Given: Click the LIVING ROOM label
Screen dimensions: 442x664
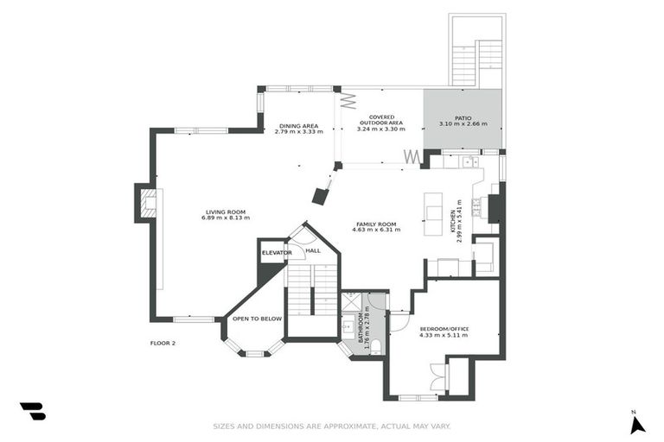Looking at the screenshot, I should click(225, 212).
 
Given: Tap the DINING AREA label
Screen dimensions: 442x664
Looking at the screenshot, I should click(298, 126).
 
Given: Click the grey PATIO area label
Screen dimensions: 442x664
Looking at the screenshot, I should click(463, 118).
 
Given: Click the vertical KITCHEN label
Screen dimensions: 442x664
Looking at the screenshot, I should click(456, 224).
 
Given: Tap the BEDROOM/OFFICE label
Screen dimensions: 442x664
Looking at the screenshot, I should click(444, 329).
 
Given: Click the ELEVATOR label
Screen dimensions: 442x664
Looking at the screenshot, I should click(277, 252).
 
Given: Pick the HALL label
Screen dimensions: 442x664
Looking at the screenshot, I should click(312, 250).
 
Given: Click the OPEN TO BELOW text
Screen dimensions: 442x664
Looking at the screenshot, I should click(257, 319).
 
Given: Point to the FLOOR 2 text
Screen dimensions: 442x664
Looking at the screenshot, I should click(163, 344).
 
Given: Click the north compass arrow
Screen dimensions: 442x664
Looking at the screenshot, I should click(637, 424).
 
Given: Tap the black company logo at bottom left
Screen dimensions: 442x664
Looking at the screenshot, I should click(33, 411).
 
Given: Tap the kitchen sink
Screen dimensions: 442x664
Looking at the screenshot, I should click(469, 161).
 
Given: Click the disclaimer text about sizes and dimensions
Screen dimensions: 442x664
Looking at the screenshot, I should click(332, 426).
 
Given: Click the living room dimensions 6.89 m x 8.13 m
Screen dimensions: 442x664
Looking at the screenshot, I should click(225, 218).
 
